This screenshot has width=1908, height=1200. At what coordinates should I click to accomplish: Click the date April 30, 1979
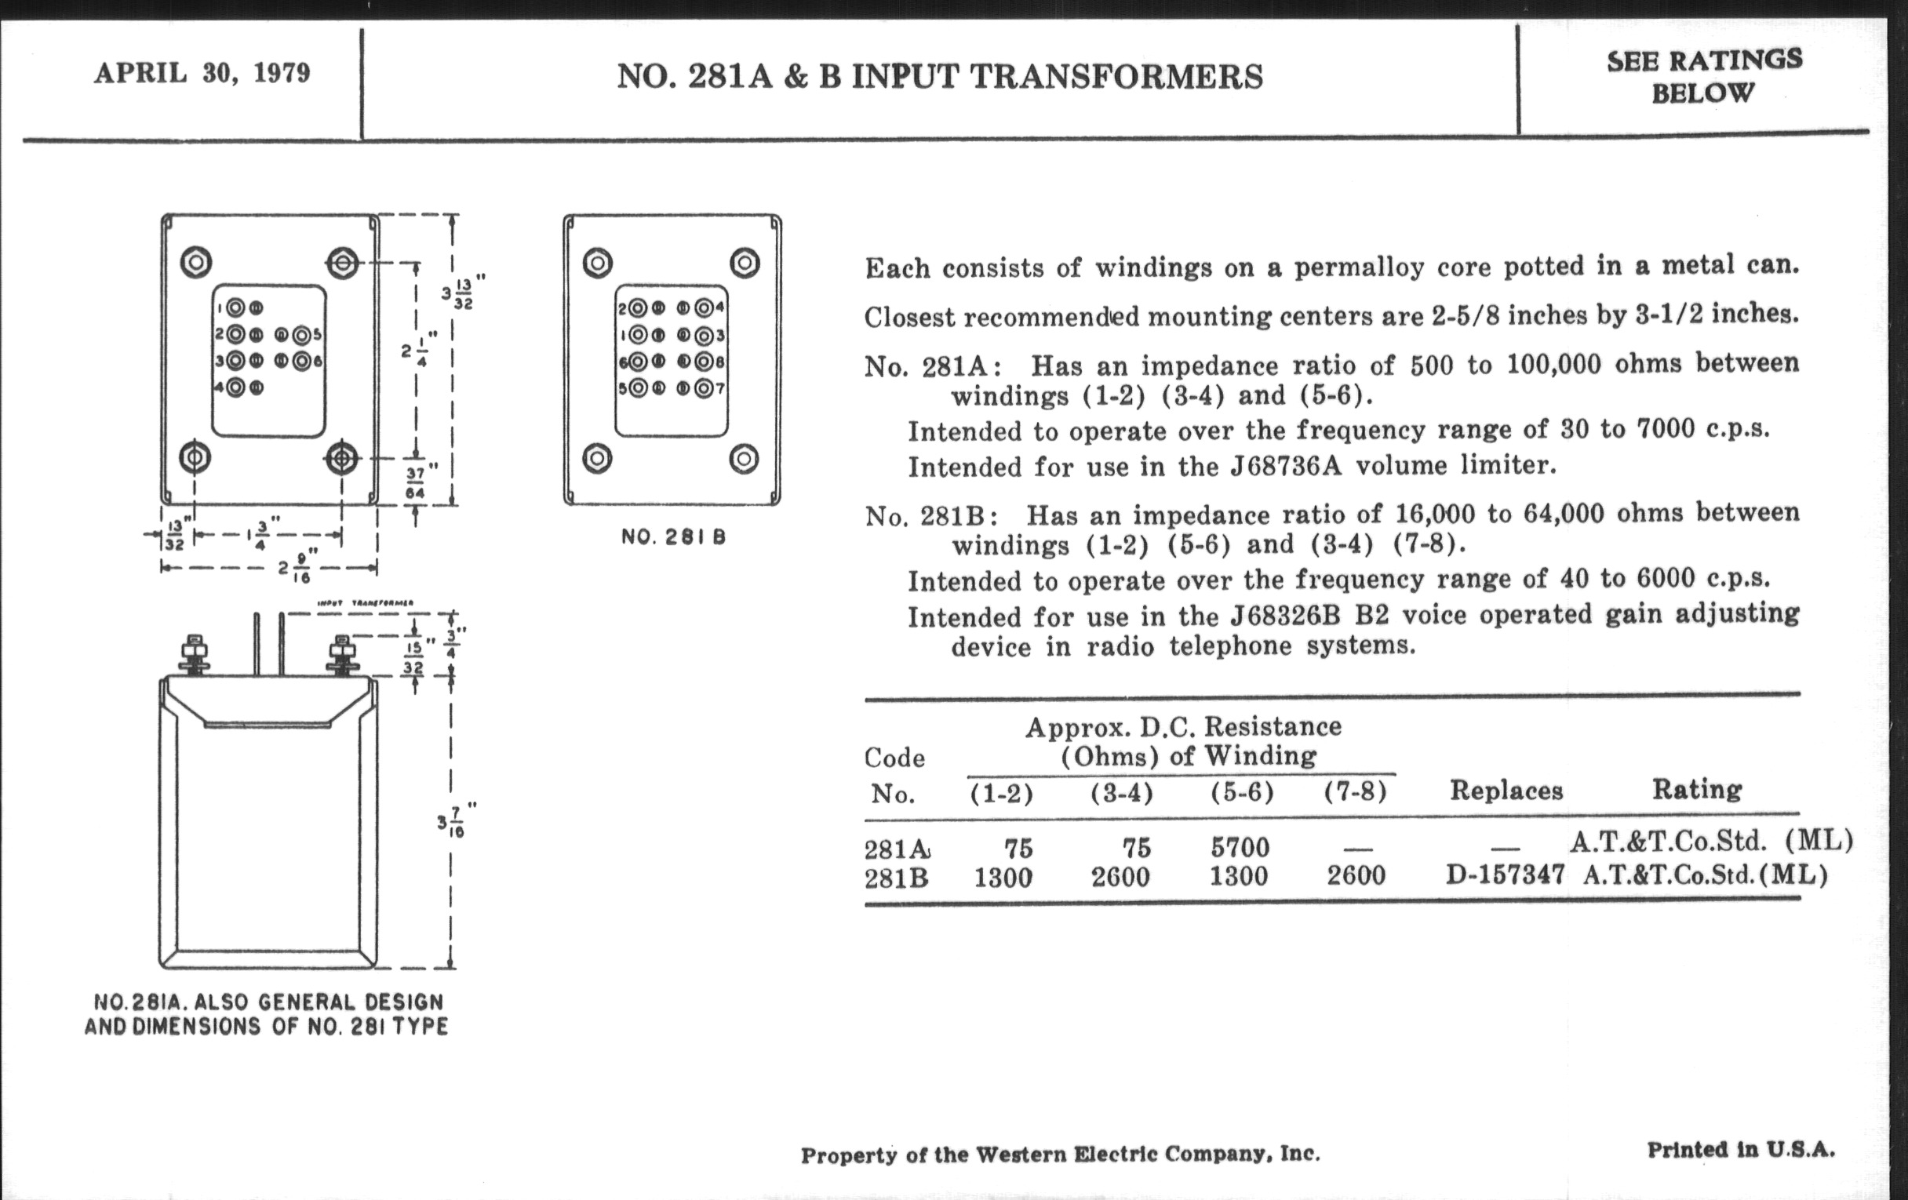[202, 74]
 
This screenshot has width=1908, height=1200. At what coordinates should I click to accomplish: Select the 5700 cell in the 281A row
[1240, 849]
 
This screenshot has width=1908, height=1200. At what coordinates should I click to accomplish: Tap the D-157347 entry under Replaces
[1505, 875]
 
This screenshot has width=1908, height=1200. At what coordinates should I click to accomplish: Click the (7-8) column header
[1355, 791]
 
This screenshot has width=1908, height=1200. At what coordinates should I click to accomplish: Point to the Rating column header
[1696, 789]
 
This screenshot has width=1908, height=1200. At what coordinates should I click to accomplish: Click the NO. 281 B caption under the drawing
[672, 537]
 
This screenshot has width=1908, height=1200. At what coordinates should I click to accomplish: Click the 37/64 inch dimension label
[416, 482]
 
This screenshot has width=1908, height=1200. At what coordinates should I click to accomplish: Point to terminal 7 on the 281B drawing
[704, 389]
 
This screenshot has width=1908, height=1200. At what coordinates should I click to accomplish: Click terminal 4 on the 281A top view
[235, 387]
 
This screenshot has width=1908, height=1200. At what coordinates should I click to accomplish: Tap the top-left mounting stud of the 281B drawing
[598, 263]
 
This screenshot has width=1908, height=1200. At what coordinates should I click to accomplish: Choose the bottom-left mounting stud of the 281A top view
[195, 458]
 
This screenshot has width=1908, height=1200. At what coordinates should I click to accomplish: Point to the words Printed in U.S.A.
[1740, 1149]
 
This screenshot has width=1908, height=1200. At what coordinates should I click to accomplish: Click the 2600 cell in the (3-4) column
[1120, 877]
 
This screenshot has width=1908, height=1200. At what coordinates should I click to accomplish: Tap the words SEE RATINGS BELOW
[1703, 76]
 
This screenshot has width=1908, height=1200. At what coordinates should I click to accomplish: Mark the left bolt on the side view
[194, 654]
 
